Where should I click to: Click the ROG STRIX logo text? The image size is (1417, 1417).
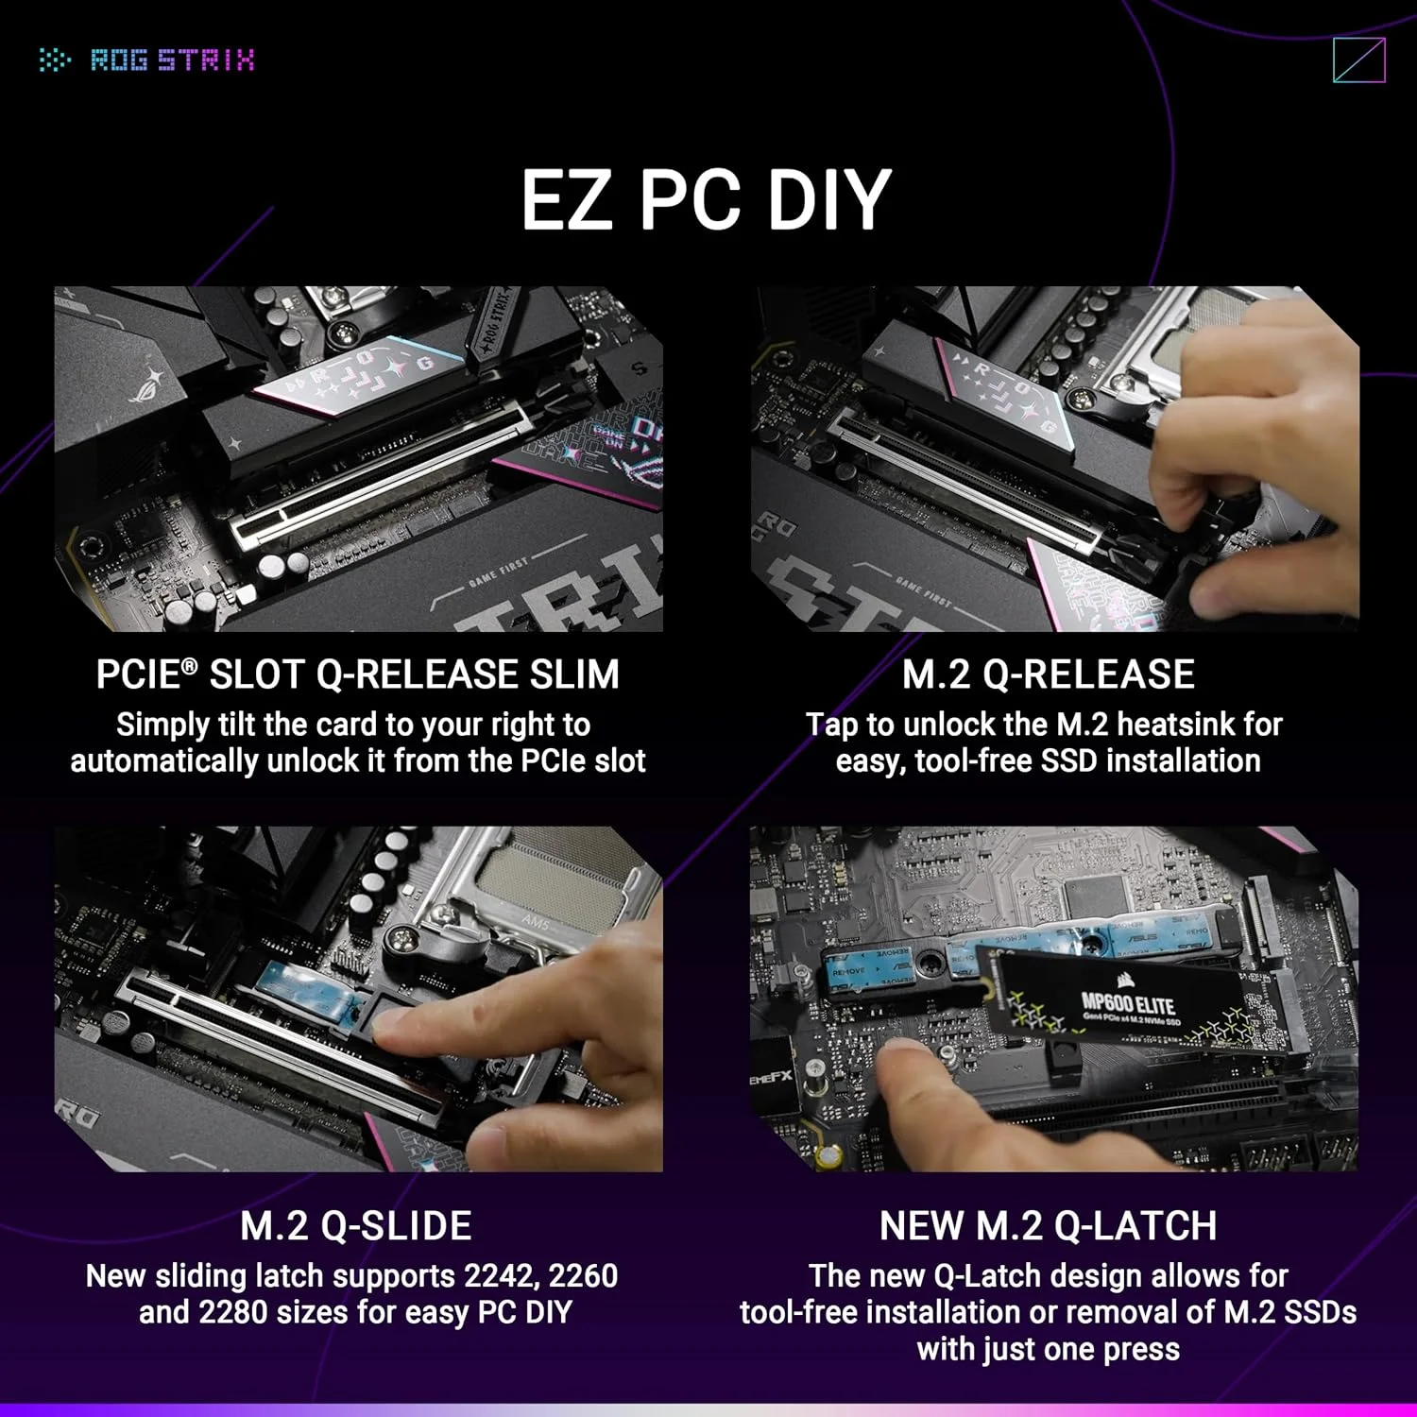click(172, 60)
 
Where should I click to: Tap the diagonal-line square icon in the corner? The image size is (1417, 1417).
click(1358, 60)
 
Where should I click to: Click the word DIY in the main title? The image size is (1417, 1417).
click(828, 200)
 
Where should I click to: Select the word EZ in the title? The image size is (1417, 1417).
click(566, 200)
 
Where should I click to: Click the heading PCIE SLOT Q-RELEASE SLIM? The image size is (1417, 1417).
click(357, 674)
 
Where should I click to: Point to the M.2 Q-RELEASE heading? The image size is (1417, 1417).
click(1048, 674)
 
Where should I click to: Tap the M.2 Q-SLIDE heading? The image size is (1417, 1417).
click(356, 1226)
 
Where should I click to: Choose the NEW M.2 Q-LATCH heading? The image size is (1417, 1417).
click(1048, 1226)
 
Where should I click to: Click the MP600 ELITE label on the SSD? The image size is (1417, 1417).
click(1128, 1003)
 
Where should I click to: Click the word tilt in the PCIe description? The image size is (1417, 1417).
click(239, 725)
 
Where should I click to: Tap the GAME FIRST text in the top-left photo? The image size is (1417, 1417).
click(499, 572)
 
